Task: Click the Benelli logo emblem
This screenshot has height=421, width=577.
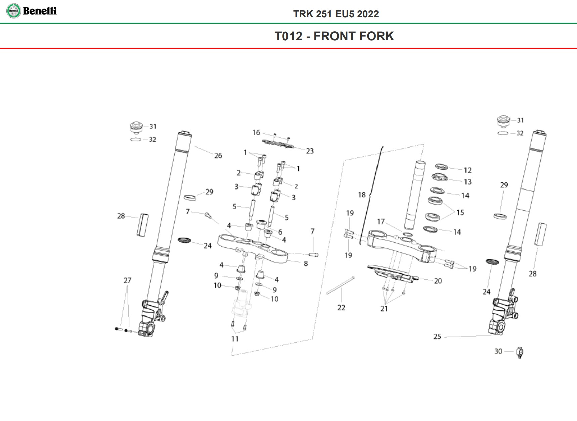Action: (13, 11)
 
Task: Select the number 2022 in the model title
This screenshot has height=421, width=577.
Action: (368, 14)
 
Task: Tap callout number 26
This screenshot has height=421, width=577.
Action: (218, 155)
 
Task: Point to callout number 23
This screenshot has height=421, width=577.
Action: (310, 151)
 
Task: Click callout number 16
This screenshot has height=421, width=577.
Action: (256, 133)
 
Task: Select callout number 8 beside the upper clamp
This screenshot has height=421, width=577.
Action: (306, 264)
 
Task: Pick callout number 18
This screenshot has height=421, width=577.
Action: (362, 195)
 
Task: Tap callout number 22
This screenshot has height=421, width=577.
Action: (341, 308)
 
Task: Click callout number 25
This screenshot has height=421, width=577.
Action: (437, 336)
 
